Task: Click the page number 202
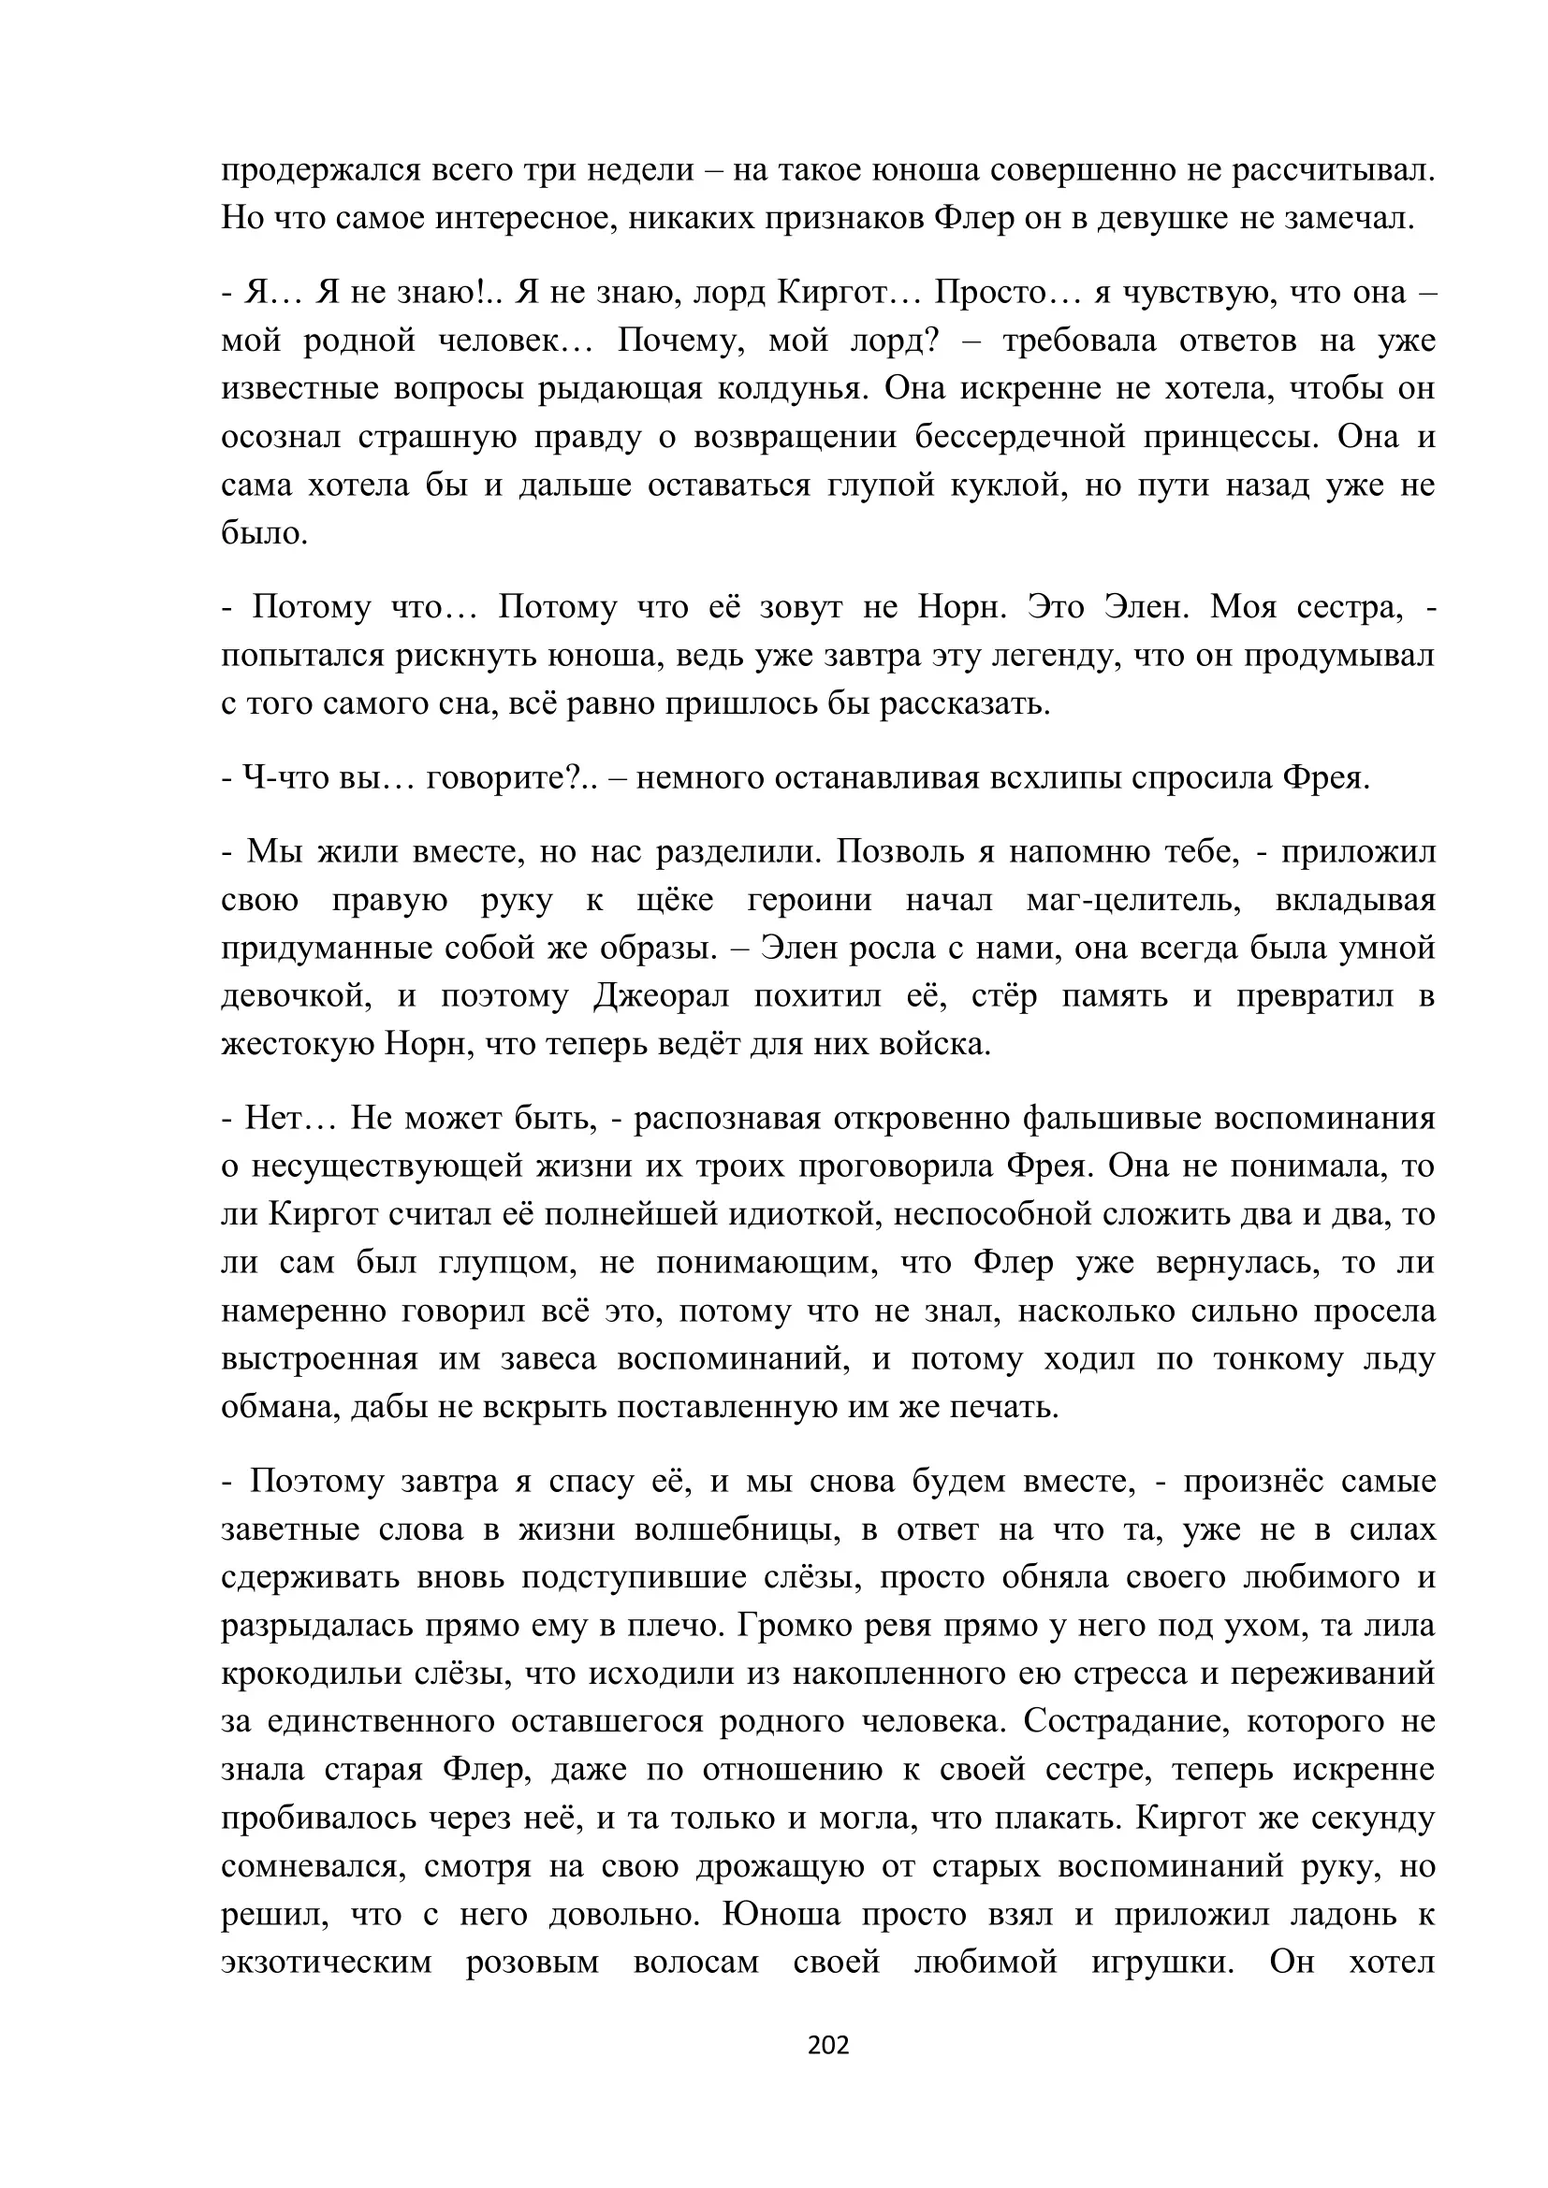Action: (x=827, y=2044)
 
